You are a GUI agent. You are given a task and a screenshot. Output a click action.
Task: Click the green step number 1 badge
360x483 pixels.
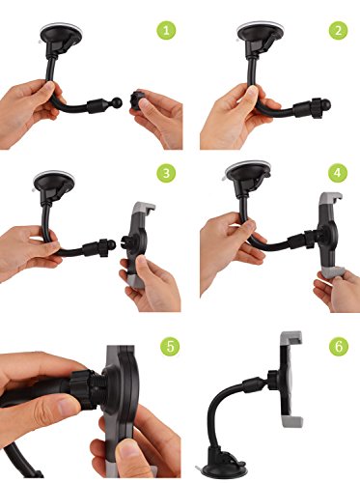(x=166, y=31)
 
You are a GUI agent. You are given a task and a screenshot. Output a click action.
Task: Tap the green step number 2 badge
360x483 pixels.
(x=338, y=31)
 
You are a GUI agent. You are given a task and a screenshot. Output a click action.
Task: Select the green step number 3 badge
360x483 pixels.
(x=166, y=173)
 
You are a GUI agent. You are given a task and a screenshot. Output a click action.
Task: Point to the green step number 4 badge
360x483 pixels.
(x=338, y=173)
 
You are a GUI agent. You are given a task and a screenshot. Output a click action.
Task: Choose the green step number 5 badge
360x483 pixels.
(x=170, y=347)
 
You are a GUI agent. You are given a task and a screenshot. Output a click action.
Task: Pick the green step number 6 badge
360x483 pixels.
(x=339, y=347)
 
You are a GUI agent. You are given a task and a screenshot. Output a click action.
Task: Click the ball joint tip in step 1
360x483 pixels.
(x=116, y=103)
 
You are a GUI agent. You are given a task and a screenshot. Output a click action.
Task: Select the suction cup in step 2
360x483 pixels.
(x=259, y=32)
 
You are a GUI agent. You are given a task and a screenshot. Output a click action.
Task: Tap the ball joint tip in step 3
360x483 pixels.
(x=110, y=246)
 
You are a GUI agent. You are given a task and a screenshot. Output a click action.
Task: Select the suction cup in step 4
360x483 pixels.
(x=248, y=172)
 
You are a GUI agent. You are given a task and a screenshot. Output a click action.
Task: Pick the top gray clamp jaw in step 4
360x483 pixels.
(x=330, y=197)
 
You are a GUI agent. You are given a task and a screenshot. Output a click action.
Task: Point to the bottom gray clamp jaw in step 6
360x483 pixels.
(x=292, y=421)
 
